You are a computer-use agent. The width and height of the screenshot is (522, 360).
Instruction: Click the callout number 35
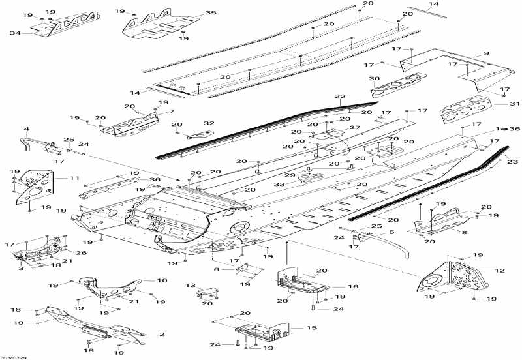point(210,13)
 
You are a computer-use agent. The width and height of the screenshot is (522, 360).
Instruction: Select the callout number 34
point(15,33)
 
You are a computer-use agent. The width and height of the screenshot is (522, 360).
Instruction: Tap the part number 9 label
point(486,53)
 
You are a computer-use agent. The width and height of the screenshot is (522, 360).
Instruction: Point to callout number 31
point(515,104)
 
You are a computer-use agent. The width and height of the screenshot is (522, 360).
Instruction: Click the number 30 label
point(374,78)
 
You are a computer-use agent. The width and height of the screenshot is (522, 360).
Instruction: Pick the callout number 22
point(340,97)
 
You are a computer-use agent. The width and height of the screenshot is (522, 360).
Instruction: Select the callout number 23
point(513,162)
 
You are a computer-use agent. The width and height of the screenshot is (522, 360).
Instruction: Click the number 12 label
point(500,271)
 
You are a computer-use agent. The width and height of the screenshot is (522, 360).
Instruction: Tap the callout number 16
point(353,286)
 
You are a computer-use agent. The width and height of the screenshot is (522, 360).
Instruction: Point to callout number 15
point(312,328)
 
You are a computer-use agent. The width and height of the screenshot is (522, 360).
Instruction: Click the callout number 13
point(191,285)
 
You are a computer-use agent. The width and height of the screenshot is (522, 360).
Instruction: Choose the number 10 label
point(162,280)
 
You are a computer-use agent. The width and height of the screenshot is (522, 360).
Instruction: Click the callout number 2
point(162,334)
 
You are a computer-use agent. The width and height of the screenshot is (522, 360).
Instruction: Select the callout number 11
point(74,178)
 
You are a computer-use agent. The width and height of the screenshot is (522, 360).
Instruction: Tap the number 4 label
point(26,129)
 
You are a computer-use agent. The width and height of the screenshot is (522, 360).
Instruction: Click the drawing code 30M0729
point(13,357)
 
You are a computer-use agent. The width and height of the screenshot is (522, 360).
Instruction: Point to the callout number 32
point(209,123)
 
